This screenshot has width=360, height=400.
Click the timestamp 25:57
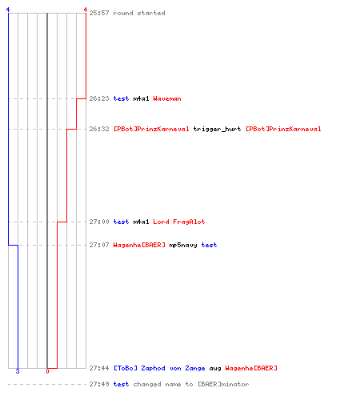point(99,13)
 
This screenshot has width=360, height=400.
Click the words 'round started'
point(139,13)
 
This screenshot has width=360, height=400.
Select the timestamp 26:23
point(99,98)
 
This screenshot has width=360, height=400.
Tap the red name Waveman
point(167,98)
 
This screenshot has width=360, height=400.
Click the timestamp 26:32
point(99,129)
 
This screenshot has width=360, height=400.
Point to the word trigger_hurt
point(217,129)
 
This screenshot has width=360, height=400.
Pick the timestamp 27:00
point(99,222)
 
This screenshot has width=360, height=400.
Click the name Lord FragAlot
point(179,222)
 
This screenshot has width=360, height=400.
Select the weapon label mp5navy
point(183,245)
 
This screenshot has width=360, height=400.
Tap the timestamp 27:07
point(99,245)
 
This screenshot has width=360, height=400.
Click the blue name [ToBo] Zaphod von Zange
point(159,368)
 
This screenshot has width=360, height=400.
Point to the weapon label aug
point(215,369)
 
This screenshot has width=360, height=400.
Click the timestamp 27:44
point(99,368)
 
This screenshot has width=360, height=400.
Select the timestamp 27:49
point(99,384)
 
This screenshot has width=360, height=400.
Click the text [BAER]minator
point(223,384)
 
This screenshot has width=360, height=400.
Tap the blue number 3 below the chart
point(18,371)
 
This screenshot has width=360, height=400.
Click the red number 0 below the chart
point(47,371)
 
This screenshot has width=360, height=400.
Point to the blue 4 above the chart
point(8,10)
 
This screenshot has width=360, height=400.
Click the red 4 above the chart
point(86,10)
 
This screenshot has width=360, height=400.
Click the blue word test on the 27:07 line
point(209,245)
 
